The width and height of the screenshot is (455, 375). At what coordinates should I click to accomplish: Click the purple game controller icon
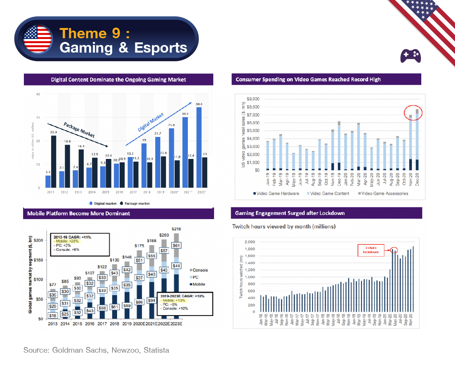[411, 56]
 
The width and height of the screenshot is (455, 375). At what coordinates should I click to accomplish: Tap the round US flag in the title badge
[38, 39]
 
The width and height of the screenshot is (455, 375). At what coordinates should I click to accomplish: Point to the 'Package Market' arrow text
[79, 130]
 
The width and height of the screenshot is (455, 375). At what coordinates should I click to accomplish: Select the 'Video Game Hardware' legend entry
[276, 193]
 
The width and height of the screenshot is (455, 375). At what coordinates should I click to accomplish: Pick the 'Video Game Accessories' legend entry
[382, 193]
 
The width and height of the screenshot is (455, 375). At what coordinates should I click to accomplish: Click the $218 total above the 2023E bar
[177, 229]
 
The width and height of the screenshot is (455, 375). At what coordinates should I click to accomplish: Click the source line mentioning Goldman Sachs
[96, 350]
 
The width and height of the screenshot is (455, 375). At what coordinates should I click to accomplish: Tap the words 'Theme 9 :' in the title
[94, 33]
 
